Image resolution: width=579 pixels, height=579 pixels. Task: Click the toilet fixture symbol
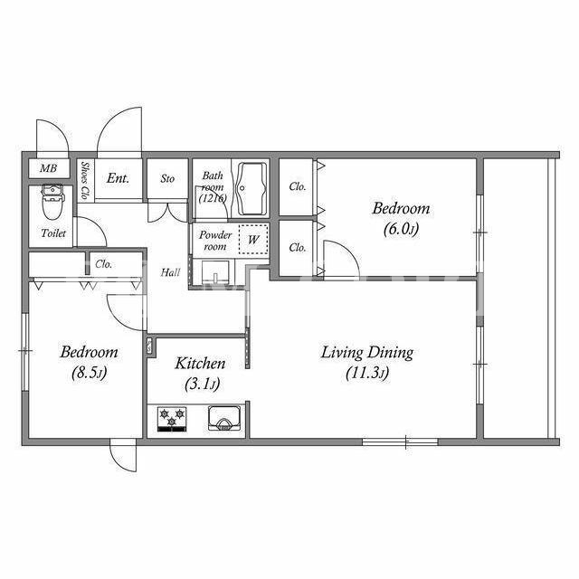pos(53,202)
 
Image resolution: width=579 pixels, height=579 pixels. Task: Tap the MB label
pos(48,169)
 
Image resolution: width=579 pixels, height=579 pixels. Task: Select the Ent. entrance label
pos(118,179)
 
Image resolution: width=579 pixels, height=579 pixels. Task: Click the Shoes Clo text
pos(85,180)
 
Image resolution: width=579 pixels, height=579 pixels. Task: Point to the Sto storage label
pos(167,179)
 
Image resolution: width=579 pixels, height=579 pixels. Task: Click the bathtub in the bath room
pos(252,189)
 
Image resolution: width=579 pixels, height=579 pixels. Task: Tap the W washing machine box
pos(253,239)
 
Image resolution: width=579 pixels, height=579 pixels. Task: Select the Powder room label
pos(215,241)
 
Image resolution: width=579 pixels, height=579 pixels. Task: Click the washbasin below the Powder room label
pos(215,272)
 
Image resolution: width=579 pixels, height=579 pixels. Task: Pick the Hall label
pos(170,273)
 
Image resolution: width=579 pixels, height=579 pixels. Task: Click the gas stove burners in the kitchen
pos(172,419)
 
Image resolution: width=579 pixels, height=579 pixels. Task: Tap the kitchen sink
pos(224,418)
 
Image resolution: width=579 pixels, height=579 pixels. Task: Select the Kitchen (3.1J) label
pos(200,374)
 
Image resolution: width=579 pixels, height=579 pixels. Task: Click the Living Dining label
pos(367,353)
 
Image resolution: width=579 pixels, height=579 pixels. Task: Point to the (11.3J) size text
pos(367,374)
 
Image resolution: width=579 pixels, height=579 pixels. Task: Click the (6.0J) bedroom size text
pos(401,229)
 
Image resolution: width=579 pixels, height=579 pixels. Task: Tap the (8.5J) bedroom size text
pos(90,373)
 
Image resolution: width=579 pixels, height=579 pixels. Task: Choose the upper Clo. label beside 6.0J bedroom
pos(298,187)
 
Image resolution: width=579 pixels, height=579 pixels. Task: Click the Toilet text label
pos(53,233)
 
